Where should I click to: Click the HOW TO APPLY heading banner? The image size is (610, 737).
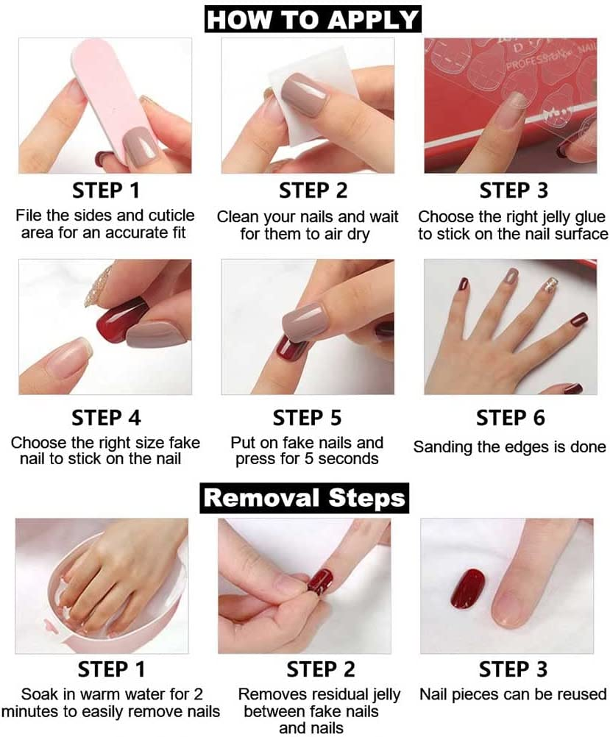pyautogui.click(x=313, y=19)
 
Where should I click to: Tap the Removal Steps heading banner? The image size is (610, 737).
pyautogui.click(x=305, y=497)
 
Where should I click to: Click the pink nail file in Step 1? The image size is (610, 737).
pyautogui.click(x=99, y=88)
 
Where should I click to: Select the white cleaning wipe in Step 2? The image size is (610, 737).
pyautogui.click(x=309, y=81)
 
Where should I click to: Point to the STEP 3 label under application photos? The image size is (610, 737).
pyautogui.click(x=514, y=191)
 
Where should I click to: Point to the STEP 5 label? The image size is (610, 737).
pyautogui.click(x=307, y=419)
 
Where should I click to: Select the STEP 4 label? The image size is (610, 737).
pyautogui.click(x=106, y=419)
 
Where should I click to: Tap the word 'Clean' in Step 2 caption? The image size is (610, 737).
pyautogui.click(x=235, y=217)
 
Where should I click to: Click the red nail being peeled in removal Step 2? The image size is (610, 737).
pyautogui.click(x=319, y=580)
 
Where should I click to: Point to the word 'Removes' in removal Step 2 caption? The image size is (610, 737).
pyautogui.click(x=269, y=694)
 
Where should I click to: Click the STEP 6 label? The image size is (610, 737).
pyautogui.click(x=510, y=419)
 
